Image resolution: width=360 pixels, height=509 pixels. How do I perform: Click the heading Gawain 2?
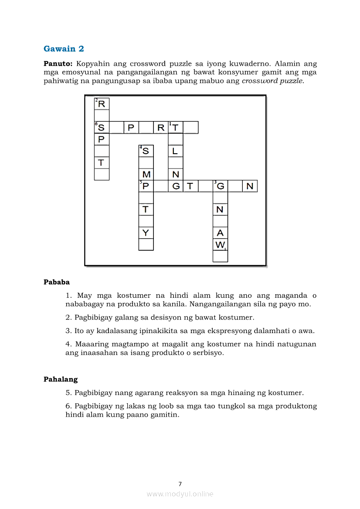[x=64, y=49]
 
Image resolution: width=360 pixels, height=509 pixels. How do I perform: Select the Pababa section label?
[x=57, y=282]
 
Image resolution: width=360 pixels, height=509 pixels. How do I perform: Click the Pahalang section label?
[x=61, y=379]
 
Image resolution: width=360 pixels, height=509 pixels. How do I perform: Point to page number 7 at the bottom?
[x=180, y=484]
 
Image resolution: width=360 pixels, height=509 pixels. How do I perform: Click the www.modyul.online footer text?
[x=180, y=494]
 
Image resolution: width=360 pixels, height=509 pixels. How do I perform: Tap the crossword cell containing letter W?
[x=220, y=245]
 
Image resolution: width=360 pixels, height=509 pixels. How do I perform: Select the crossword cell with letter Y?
[x=146, y=233]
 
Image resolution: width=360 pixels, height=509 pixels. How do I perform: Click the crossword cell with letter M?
[x=146, y=174]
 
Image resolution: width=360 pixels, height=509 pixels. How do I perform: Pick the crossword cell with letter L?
[x=176, y=151]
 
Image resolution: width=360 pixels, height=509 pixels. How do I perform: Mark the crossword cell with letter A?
[x=220, y=233]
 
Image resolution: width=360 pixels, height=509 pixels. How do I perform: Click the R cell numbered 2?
[x=102, y=104]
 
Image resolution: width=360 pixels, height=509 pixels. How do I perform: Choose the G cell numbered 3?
[x=220, y=186]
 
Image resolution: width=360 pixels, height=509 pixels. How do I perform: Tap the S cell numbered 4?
[x=146, y=151]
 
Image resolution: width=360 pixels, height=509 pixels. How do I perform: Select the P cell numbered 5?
[x=146, y=186]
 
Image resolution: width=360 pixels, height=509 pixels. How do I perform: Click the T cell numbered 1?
[x=176, y=127]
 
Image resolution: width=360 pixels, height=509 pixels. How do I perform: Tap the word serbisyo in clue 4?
[x=207, y=353]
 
